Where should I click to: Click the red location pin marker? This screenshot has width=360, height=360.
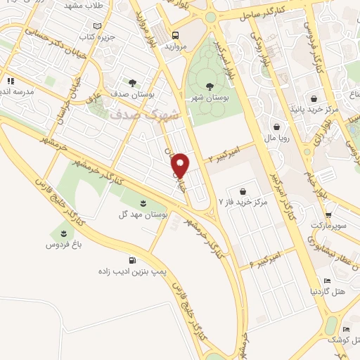click(181, 165)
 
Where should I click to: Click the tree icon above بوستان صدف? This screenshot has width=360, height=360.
click(133, 82)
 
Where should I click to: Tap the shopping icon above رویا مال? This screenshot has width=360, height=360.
click(276, 127)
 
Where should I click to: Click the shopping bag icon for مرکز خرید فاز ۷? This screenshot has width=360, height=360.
click(243, 191)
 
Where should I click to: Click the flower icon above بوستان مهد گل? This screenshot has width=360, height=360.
click(144, 203)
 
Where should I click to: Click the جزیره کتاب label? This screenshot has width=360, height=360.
click(98, 35)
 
